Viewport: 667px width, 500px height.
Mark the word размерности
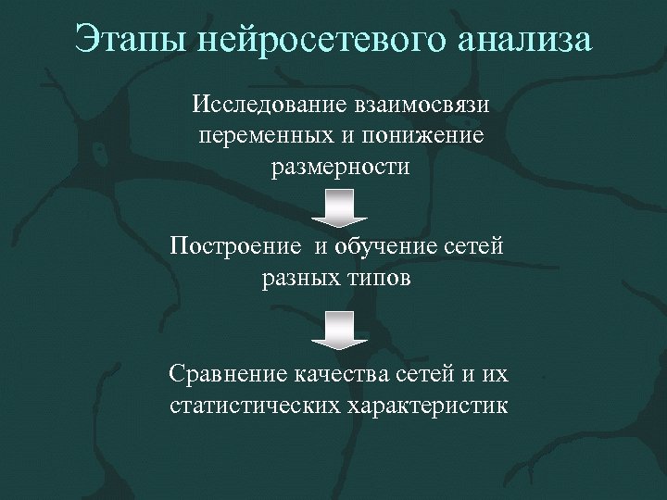pyautogui.click(x=339, y=169)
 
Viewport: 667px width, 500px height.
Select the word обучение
pyautogui.click(x=392, y=247)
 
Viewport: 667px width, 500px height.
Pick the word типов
pyautogui.click(x=381, y=280)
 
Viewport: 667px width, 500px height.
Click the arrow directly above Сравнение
pyautogui.click(x=339, y=330)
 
